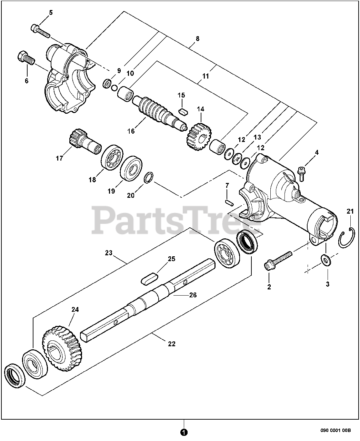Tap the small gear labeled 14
coord(198,136)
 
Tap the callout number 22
coord(171,343)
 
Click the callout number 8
coord(198,39)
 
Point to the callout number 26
coord(193,295)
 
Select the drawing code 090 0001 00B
coord(335,430)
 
